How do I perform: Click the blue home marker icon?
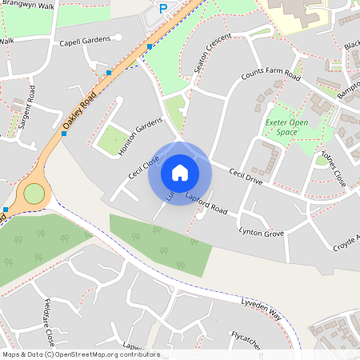click(x=180, y=172)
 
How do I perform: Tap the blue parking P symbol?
click(x=163, y=9)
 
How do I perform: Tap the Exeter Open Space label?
click(x=286, y=127)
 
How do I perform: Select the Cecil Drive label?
click(x=245, y=176)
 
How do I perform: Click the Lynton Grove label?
click(x=261, y=232)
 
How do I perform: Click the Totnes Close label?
click(x=334, y=168)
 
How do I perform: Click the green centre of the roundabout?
click(x=34, y=193)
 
